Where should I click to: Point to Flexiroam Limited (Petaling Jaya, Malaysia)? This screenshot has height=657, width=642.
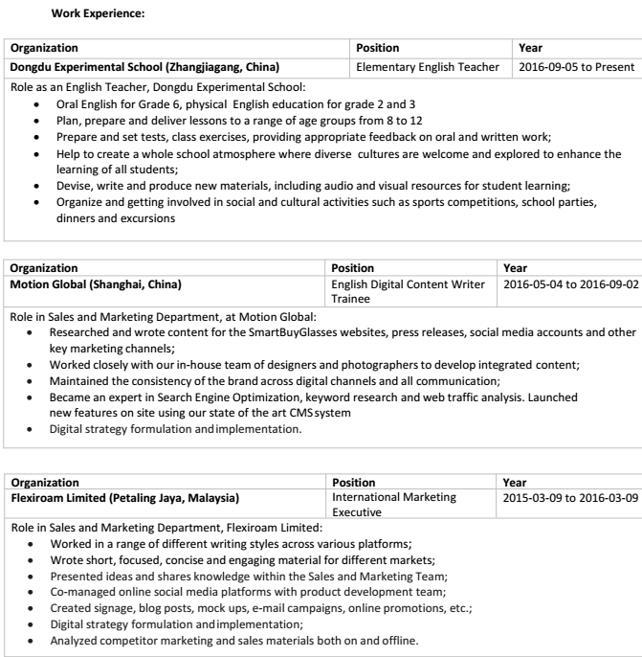(x=124, y=499)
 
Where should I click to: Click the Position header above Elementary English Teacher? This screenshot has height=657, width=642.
(x=377, y=47)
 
